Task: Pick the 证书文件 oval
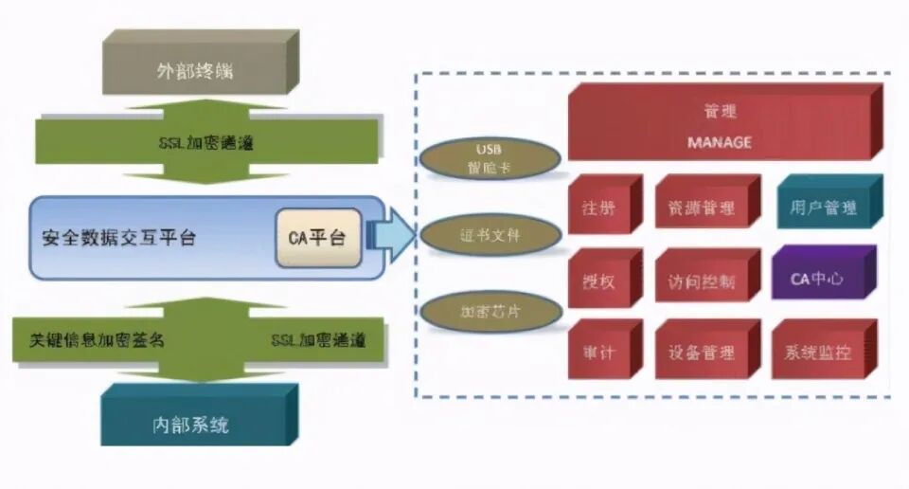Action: point(489,234)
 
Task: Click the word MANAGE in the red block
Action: point(719,142)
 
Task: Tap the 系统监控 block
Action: point(817,353)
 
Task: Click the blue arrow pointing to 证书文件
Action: point(390,235)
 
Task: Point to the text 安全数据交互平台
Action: point(119,238)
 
